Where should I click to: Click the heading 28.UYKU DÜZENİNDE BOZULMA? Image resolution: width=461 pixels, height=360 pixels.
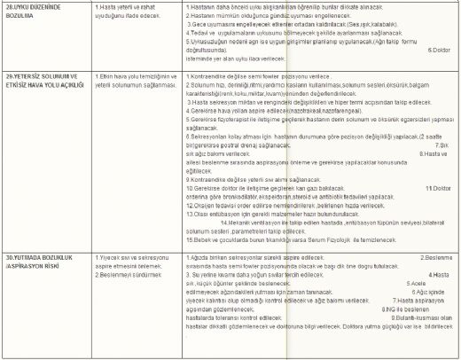coord(35,10)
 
